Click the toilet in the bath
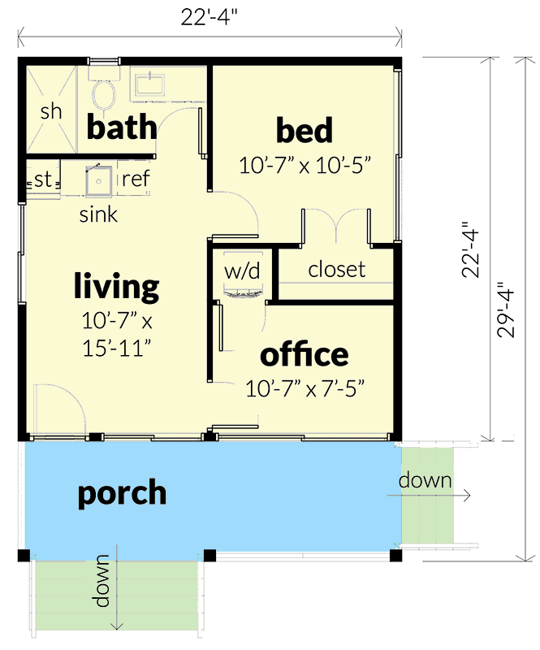click(x=103, y=94)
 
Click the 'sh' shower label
click(x=51, y=111)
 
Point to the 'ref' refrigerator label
click(x=135, y=179)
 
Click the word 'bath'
click(x=122, y=128)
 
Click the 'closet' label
click(x=336, y=270)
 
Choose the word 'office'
click(x=305, y=355)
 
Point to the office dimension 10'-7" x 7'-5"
click(x=305, y=388)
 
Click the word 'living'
click(x=116, y=286)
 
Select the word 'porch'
click(x=122, y=493)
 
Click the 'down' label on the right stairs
click(x=425, y=480)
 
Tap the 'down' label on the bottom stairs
click(x=102, y=580)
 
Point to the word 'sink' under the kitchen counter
click(x=98, y=215)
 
